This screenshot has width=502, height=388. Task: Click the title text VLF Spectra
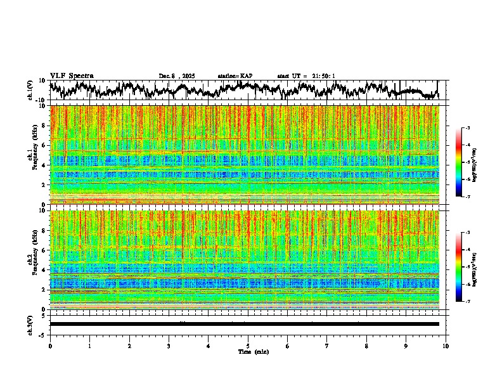(x=72, y=76)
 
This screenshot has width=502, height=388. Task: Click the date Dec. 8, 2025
(x=177, y=76)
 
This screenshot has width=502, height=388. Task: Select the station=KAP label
(x=235, y=76)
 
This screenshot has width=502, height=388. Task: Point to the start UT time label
(x=306, y=76)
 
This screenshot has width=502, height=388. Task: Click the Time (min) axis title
(x=253, y=352)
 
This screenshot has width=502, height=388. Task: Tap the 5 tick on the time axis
(x=248, y=346)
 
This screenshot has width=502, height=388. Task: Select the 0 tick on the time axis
(x=50, y=346)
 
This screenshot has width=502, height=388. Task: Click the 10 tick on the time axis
(x=446, y=346)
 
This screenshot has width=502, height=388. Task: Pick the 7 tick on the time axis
(x=327, y=346)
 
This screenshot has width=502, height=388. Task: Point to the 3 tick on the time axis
(x=169, y=346)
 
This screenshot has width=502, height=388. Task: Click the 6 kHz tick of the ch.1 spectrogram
(x=44, y=145)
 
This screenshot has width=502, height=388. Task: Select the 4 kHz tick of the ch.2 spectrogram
(x=44, y=269)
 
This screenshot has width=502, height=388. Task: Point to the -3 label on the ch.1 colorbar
(x=467, y=129)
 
